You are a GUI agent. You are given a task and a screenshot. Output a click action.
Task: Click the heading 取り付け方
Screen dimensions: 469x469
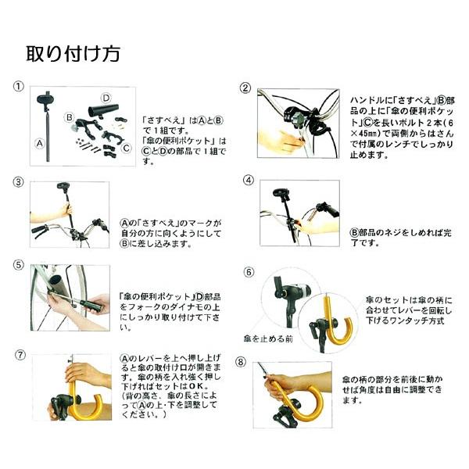(x=73, y=54)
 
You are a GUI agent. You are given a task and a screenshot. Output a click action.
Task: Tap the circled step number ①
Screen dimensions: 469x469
(x=19, y=87)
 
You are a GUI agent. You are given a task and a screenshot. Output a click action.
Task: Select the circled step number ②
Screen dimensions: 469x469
(x=245, y=88)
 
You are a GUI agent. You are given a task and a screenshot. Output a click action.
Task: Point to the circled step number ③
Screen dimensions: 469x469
(x=19, y=182)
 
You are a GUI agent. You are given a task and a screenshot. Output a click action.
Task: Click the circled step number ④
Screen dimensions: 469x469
(x=249, y=181)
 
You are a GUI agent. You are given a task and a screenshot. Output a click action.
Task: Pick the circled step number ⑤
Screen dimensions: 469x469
(x=19, y=265)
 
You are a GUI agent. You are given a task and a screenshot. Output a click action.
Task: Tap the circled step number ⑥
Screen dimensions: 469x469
(x=249, y=272)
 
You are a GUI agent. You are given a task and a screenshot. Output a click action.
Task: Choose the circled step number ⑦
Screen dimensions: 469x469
(x=20, y=355)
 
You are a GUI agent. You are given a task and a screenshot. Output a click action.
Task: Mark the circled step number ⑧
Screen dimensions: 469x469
(x=241, y=362)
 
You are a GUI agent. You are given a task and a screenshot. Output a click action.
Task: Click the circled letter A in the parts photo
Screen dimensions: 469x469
(x=40, y=144)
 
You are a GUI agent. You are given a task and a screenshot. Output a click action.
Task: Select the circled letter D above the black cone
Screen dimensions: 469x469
(x=106, y=98)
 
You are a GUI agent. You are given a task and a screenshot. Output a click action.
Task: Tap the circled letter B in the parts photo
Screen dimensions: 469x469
(x=69, y=117)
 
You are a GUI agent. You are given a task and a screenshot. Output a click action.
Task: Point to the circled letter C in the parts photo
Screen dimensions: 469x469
(x=126, y=148)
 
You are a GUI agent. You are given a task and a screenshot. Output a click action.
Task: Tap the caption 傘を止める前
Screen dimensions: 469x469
(x=268, y=339)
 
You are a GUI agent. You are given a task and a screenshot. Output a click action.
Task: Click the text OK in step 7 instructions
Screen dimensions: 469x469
(x=195, y=386)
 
